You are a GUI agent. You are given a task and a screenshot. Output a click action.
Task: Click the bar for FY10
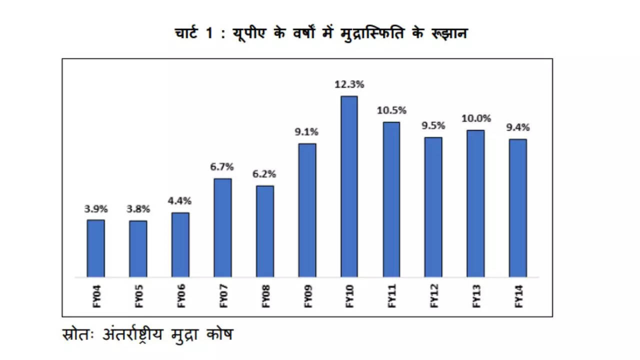(x=349, y=186)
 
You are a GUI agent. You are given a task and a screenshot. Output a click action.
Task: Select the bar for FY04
(x=95, y=248)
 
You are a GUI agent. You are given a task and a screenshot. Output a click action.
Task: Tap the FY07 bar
(x=222, y=227)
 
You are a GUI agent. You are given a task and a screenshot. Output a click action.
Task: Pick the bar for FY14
(x=518, y=208)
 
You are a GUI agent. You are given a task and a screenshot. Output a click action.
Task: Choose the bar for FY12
(x=433, y=207)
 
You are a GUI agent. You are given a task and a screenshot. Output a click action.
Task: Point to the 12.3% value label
(x=349, y=85)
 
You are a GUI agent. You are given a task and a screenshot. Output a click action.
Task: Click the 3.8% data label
(x=138, y=209)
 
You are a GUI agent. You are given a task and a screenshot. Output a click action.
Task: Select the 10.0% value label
(x=475, y=119)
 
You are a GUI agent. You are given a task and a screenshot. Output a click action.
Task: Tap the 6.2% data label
(x=264, y=174)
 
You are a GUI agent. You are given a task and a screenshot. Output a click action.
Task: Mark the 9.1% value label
(x=307, y=132)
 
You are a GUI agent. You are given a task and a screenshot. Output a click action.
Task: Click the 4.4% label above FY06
(x=180, y=201)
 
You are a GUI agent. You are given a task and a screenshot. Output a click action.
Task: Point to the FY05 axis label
(x=138, y=296)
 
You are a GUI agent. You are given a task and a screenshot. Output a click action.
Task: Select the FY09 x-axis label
(x=307, y=296)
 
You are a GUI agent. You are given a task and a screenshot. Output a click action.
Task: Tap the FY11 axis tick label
(x=392, y=296)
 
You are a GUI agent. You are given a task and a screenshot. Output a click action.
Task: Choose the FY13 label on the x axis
(x=476, y=296)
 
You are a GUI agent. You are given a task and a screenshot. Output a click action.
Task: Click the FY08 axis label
(x=265, y=296)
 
